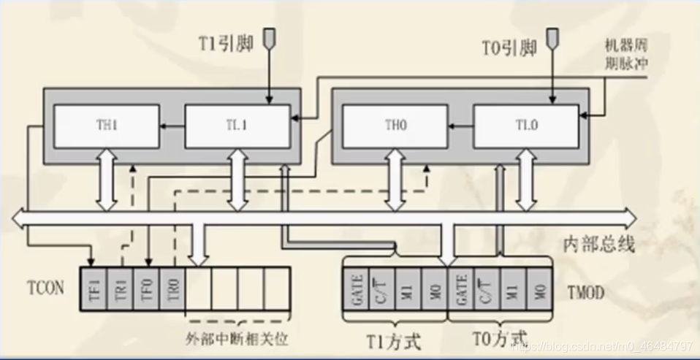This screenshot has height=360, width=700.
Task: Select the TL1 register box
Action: (237, 126)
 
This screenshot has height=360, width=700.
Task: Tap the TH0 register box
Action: (395, 126)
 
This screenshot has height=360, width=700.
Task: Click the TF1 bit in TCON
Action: (94, 288)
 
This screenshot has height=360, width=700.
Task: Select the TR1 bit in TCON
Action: (121, 288)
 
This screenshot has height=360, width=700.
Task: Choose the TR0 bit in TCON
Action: (172, 288)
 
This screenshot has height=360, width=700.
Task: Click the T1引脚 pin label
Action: (226, 43)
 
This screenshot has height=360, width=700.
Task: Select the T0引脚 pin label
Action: (509, 48)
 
